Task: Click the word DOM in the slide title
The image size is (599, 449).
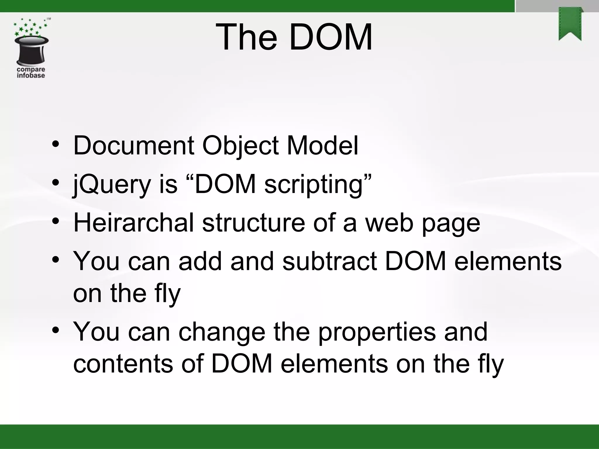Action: coord(331,37)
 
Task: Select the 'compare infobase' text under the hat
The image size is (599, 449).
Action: coord(31,72)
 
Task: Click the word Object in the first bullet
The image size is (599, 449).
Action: coord(240,145)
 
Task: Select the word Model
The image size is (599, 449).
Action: coord(322,145)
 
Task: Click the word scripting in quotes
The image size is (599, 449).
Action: coord(314,185)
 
